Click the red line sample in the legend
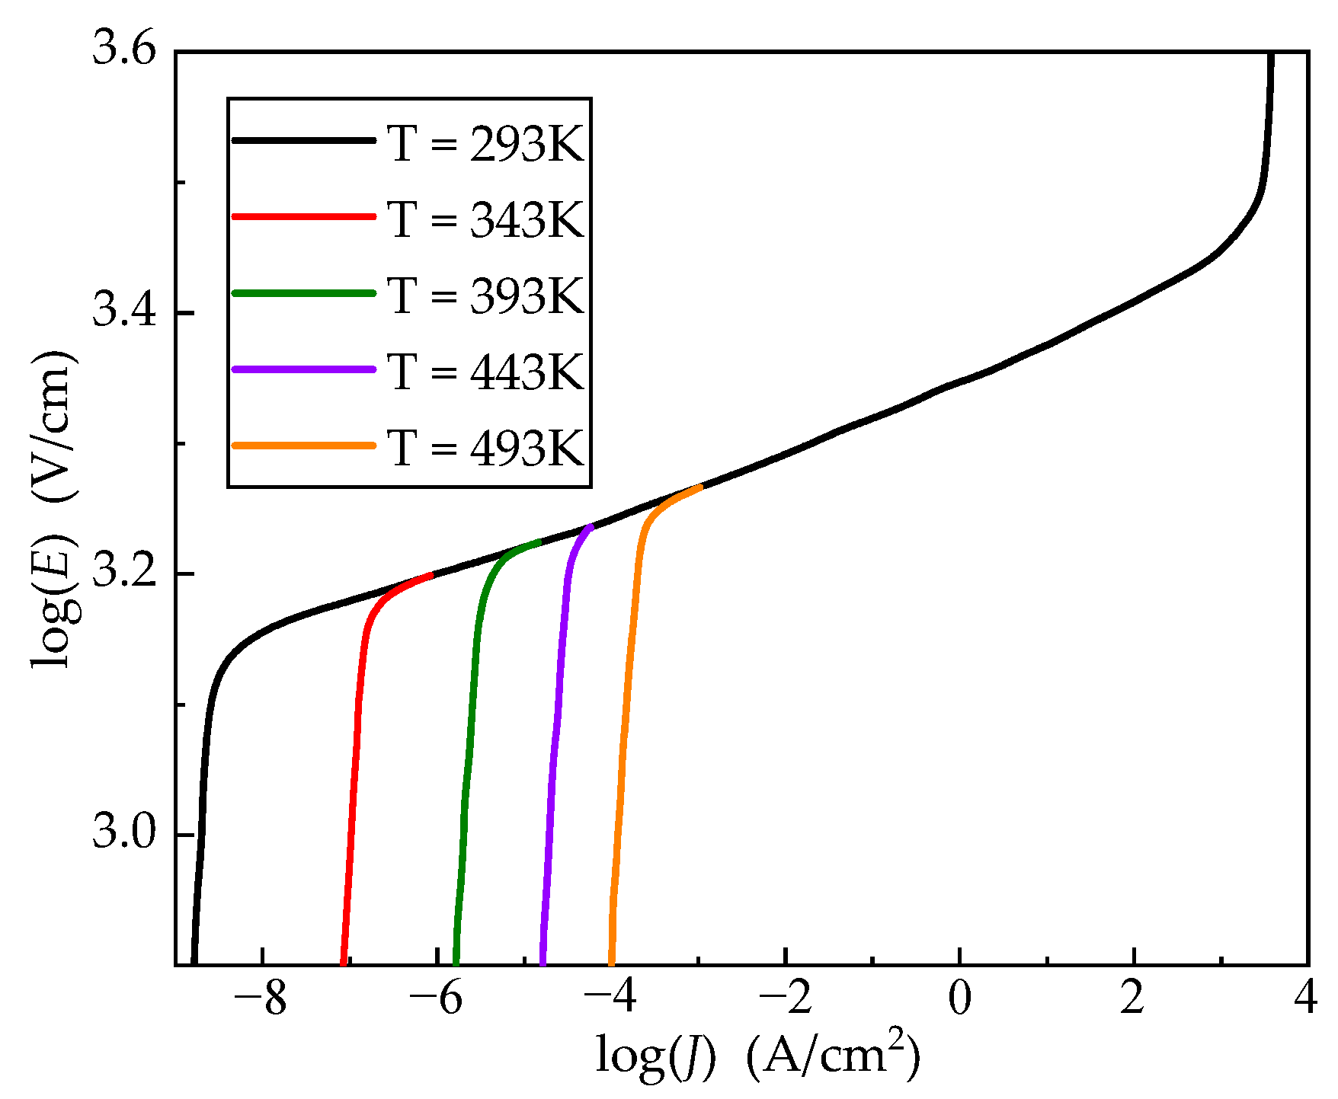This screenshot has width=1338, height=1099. pyautogui.click(x=303, y=217)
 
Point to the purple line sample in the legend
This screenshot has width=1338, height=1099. pyautogui.click(x=303, y=369)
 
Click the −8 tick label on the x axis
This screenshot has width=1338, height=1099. pyautogui.click(x=261, y=998)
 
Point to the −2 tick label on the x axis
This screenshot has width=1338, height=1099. pyautogui.click(x=786, y=998)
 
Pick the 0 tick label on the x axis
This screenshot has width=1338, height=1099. pyautogui.click(x=959, y=998)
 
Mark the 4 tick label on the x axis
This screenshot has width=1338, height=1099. pyautogui.click(x=1307, y=998)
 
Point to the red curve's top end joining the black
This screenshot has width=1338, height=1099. pyautogui.click(x=431, y=575)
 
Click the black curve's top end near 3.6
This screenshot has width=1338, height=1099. pyautogui.click(x=1271, y=55)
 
